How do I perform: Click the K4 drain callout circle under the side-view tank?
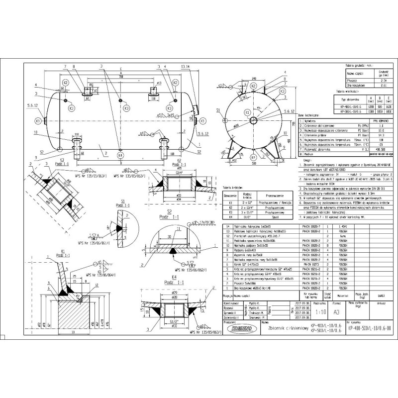(120, 155)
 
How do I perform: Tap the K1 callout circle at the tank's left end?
(38, 120)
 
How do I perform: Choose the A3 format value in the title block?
(336, 313)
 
